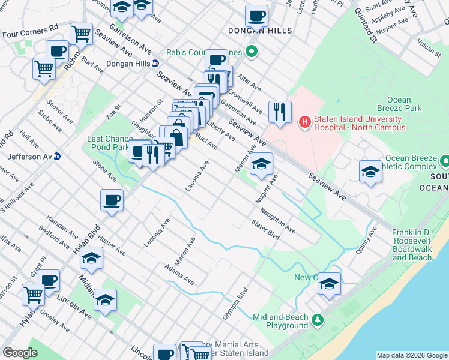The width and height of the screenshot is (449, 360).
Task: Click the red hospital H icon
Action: [304, 122]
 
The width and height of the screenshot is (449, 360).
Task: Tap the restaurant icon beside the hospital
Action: [280, 112]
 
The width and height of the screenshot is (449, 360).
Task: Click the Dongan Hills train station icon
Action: [155, 63]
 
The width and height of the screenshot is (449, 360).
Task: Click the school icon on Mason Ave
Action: [261, 163]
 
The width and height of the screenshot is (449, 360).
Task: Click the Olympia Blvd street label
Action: [242, 307]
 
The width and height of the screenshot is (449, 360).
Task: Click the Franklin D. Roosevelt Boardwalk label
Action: [412, 245]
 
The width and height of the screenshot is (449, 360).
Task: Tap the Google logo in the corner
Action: [20, 353]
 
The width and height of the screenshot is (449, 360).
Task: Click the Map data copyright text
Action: [411, 355]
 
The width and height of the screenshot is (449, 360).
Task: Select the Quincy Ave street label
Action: [366, 241]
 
